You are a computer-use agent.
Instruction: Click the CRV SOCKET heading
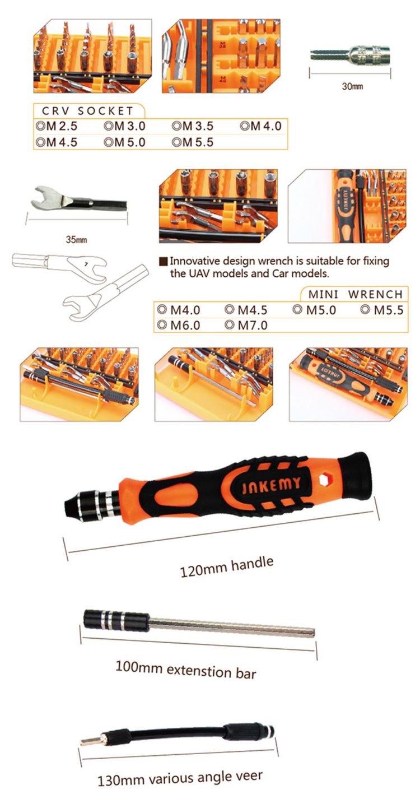(87, 111)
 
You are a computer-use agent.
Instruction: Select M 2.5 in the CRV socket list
(62, 126)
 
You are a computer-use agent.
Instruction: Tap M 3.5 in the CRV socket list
(198, 126)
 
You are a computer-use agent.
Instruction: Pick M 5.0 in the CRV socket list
(129, 142)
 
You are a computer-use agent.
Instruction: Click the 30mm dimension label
(352, 86)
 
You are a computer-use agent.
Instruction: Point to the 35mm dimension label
(76, 240)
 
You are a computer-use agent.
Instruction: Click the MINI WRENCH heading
(356, 294)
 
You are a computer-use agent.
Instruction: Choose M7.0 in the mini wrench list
(253, 326)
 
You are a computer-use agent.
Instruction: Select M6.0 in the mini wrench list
(185, 326)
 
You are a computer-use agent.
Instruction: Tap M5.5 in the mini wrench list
(389, 310)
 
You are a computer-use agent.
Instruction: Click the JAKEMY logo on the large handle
(272, 485)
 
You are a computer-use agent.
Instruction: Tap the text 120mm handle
(227, 566)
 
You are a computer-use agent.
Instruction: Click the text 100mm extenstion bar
(186, 670)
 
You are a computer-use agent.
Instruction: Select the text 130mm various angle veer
(180, 778)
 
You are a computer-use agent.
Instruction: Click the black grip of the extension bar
(116, 621)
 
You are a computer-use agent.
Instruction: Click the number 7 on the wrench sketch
(86, 264)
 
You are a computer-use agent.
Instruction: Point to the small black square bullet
(163, 262)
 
